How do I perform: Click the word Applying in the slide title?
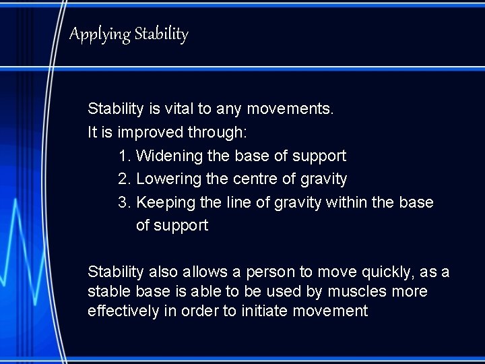click(100, 34)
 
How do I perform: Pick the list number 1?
click(123, 156)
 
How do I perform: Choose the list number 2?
click(123, 179)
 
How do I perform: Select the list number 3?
click(123, 202)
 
